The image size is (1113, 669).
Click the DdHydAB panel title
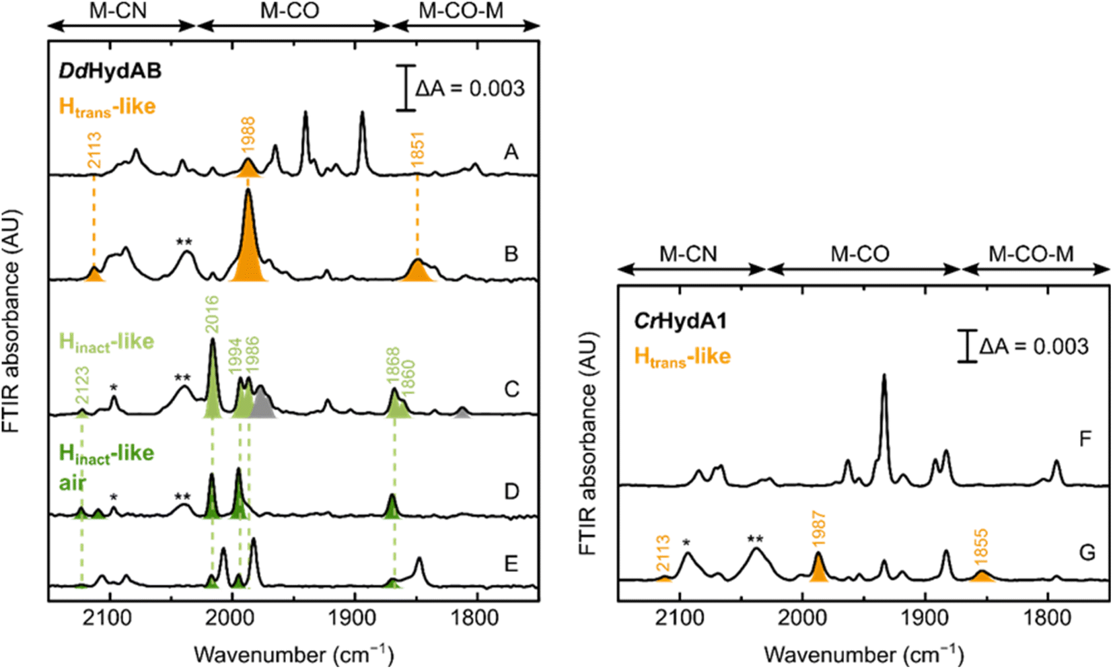(110, 71)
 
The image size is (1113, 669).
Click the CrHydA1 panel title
(680, 320)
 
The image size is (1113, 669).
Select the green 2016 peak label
(213, 314)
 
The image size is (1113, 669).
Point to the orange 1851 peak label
(418, 149)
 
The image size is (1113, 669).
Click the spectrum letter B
(511, 254)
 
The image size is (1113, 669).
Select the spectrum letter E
(511, 563)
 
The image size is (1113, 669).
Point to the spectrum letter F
(1085, 439)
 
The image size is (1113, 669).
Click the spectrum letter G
(1087, 553)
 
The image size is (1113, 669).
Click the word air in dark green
(73, 483)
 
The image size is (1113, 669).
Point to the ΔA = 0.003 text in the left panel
(470, 88)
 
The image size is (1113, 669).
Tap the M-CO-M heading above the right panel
(1031, 254)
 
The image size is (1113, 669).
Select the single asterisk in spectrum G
(686, 542)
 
